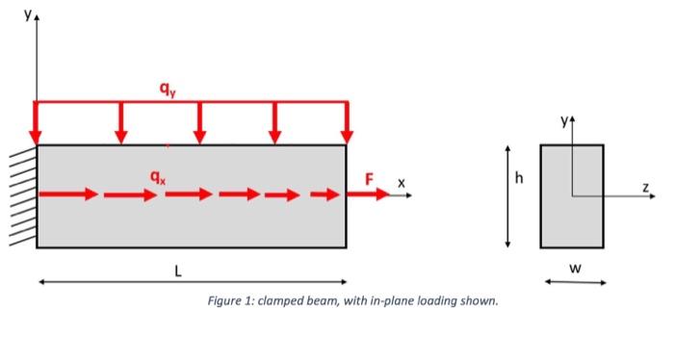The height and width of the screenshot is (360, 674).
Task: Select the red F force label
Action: point(368,178)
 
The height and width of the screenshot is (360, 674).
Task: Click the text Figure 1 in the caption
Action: point(231,301)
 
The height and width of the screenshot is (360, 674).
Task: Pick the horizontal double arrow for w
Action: point(575,282)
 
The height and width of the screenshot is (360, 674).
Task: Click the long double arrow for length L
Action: point(192,281)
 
